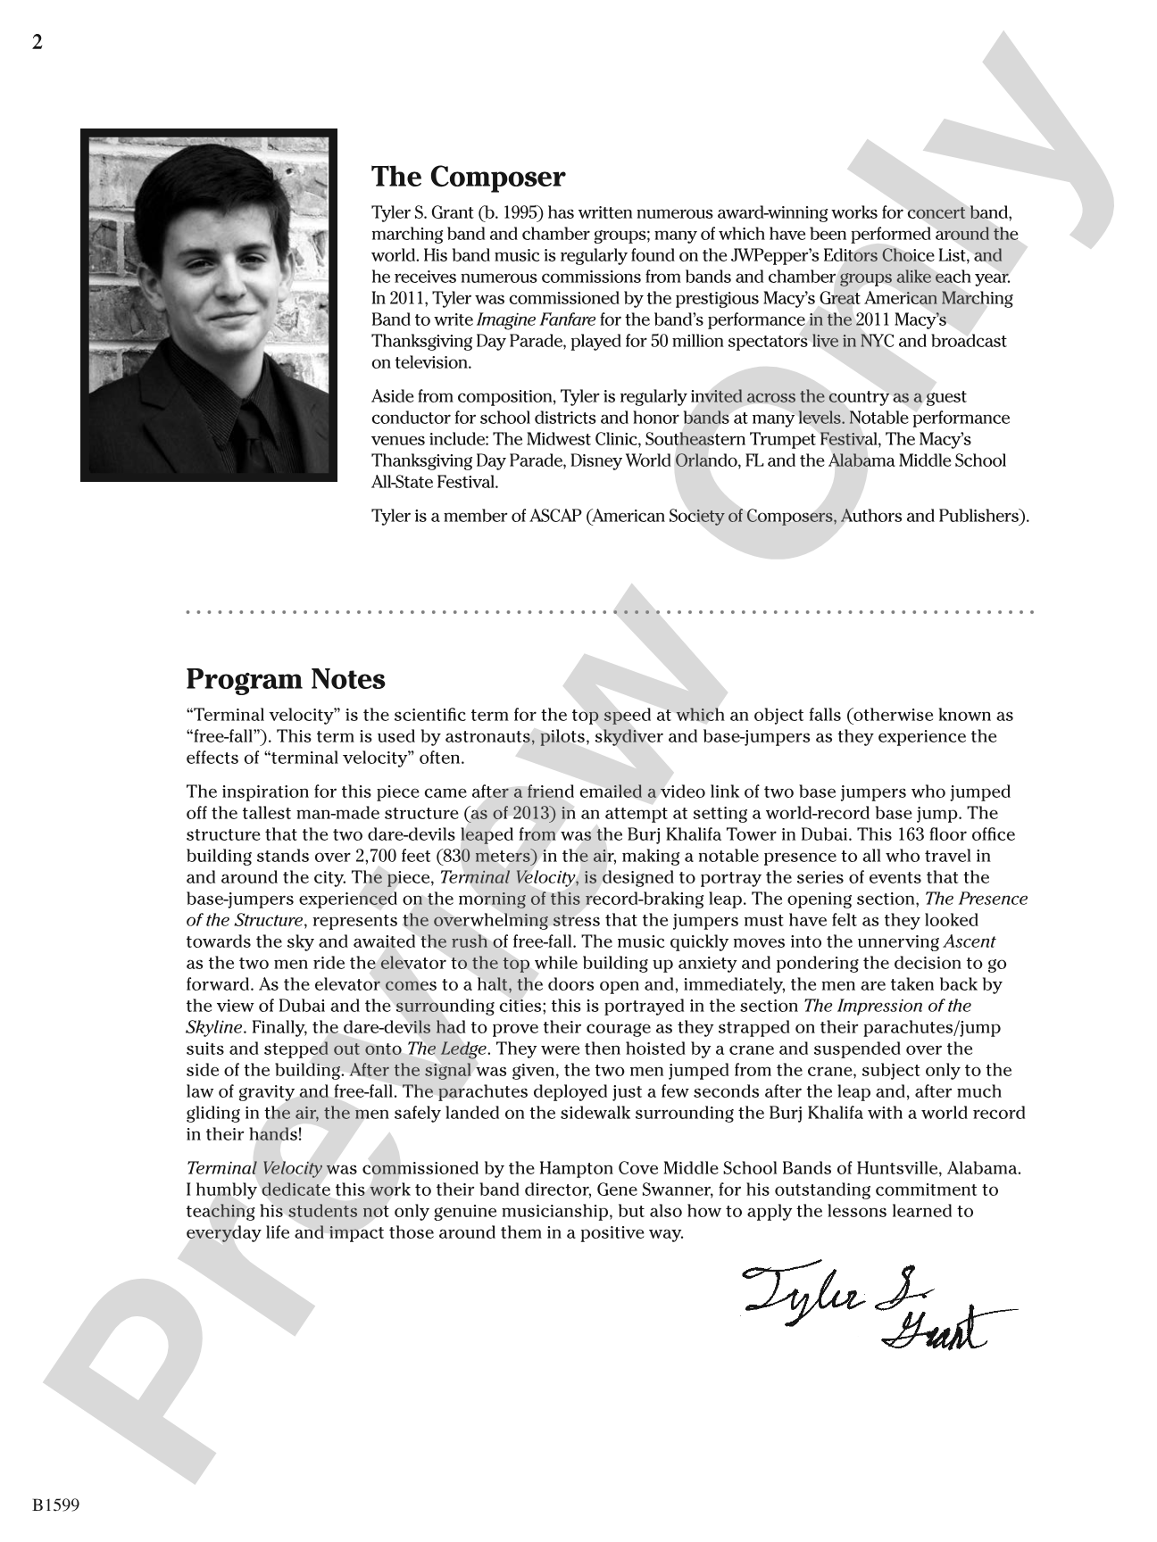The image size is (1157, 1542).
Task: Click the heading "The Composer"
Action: tap(468, 177)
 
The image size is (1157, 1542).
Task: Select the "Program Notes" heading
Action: tap(286, 679)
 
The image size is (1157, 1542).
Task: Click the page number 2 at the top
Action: tap(37, 43)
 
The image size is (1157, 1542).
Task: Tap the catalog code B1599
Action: tap(56, 1505)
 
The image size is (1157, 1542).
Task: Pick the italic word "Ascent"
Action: tap(970, 941)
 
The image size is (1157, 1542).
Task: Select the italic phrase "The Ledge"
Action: tap(446, 1049)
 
